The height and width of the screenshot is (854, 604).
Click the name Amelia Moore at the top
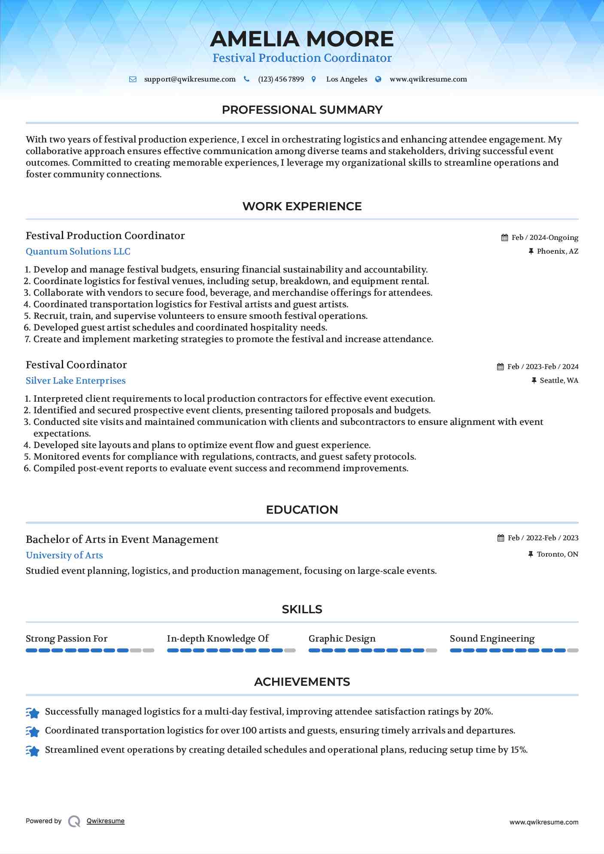(302, 39)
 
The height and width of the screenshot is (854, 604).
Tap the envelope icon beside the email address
(133, 79)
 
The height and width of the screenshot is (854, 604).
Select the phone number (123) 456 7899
(281, 79)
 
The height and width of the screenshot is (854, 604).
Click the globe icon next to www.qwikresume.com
(378, 79)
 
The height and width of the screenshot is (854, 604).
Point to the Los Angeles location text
(346, 79)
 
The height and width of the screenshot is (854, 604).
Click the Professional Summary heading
(302, 110)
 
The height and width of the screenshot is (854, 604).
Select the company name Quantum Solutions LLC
(78, 251)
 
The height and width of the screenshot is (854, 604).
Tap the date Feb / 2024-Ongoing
(545, 238)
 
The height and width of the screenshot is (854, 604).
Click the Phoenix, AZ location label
(557, 251)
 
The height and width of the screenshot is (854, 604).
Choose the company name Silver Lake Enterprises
(76, 381)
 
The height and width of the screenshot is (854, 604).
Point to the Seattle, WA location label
(559, 381)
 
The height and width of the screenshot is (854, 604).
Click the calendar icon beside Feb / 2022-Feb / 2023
(501, 538)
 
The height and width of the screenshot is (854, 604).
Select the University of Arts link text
(64, 555)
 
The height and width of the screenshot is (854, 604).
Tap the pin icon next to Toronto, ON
(531, 554)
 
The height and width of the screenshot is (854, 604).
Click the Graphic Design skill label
(342, 639)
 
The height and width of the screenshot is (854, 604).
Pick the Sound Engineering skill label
(492, 639)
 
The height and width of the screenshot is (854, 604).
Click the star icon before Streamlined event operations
(33, 751)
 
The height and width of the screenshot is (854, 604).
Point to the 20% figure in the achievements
(483, 712)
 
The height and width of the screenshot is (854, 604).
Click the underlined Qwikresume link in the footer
(106, 821)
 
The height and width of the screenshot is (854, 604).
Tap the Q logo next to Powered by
(74, 821)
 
